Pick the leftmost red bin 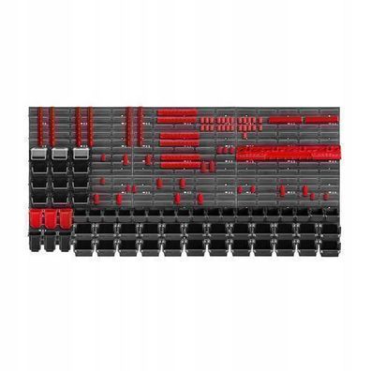point(37,218)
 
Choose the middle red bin point(52,218)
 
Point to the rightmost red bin point(66,218)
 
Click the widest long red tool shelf point(287,152)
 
